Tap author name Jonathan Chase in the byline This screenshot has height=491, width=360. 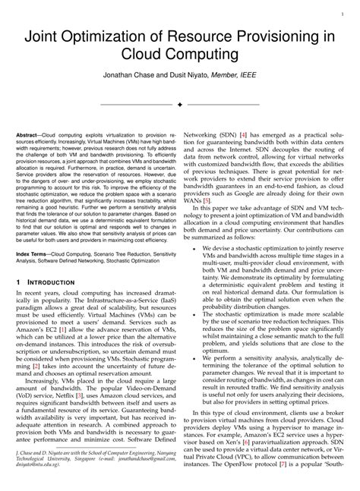[131, 77]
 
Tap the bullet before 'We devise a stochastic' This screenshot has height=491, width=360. [196, 248]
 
